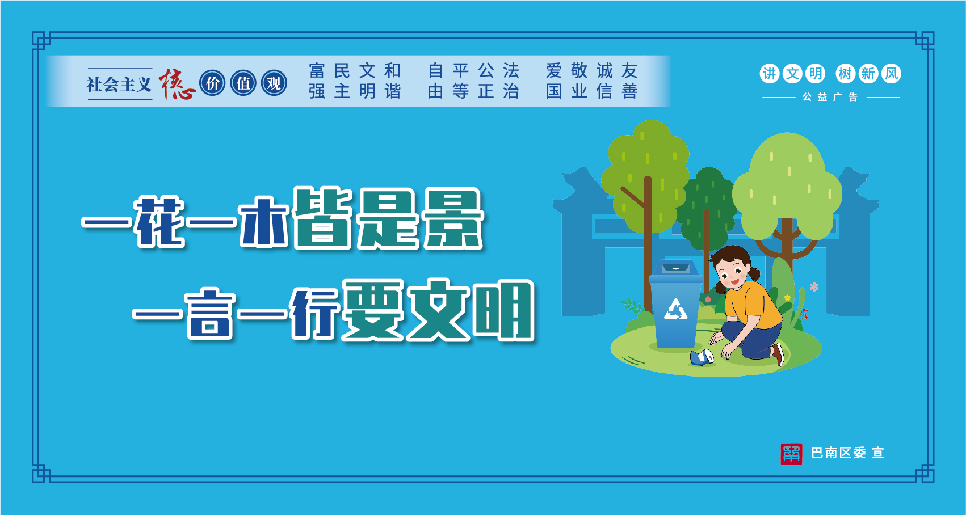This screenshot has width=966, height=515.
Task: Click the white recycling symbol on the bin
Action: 675,309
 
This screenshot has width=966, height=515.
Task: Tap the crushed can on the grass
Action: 702,358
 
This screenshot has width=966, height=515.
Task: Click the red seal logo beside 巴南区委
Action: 791,454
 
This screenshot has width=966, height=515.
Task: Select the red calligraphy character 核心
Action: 177,84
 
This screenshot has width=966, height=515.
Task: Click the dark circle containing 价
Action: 212,83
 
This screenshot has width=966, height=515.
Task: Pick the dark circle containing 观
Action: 274,83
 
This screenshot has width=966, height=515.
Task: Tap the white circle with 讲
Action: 770,74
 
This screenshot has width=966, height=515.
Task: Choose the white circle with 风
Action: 891,74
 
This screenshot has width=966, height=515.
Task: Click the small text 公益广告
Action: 830,98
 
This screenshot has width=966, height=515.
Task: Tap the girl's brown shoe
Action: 778,354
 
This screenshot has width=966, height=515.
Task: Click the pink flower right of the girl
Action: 814,286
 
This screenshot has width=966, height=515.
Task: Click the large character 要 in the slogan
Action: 373,311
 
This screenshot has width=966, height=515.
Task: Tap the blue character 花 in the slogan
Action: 159,222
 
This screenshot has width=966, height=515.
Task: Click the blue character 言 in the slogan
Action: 211,314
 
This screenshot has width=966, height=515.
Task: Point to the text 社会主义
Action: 119,85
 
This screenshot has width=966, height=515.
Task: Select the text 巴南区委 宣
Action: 847,453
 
